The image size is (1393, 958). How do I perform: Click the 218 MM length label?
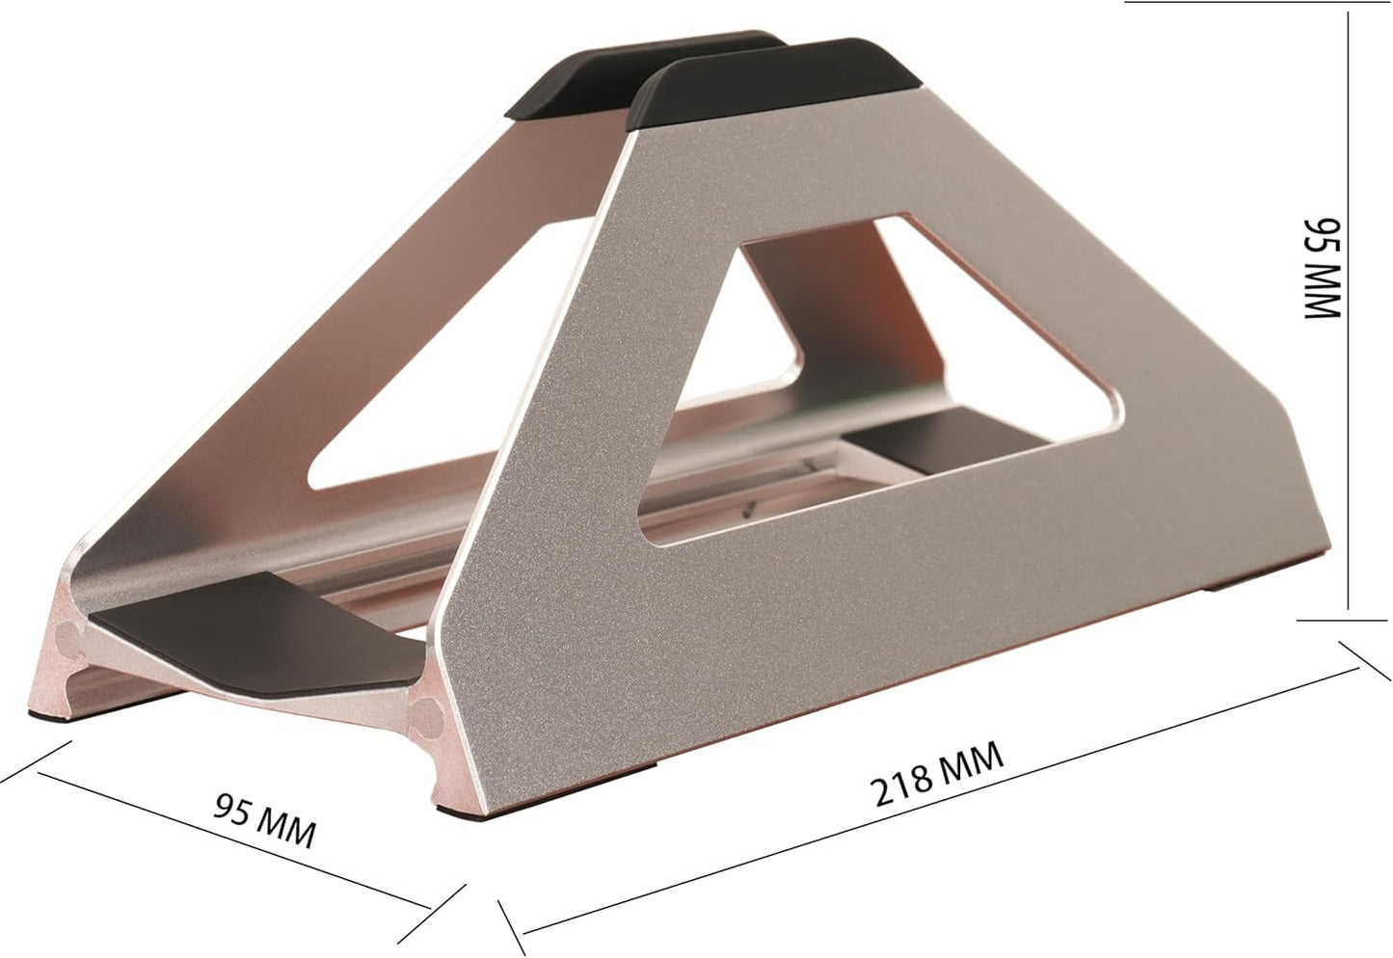tap(937, 773)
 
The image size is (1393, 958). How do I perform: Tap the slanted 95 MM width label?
tap(264, 818)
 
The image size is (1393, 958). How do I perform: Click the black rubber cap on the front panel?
tap(771, 87)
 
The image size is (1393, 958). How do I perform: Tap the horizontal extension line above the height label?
tap(1253, 3)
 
